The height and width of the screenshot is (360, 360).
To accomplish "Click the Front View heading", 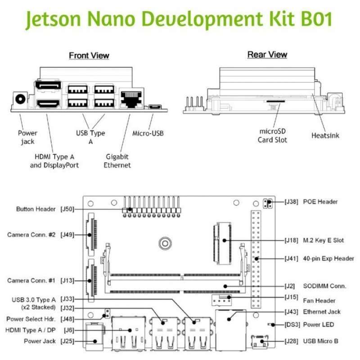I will [x=89, y=55].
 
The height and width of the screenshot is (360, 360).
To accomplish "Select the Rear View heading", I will [x=267, y=55].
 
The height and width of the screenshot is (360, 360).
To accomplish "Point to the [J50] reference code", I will [x=67, y=209].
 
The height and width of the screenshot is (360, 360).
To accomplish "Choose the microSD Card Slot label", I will [x=272, y=135].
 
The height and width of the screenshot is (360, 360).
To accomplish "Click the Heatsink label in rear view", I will [x=325, y=135].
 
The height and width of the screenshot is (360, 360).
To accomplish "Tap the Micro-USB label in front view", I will [x=148, y=133].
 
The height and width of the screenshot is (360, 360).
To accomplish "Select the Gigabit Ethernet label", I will [x=117, y=161].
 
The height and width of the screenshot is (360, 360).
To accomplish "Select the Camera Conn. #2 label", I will [x=31, y=235].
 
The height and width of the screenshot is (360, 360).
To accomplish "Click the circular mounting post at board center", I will [x=165, y=243].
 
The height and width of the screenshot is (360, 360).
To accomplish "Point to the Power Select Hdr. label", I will [x=31, y=319].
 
